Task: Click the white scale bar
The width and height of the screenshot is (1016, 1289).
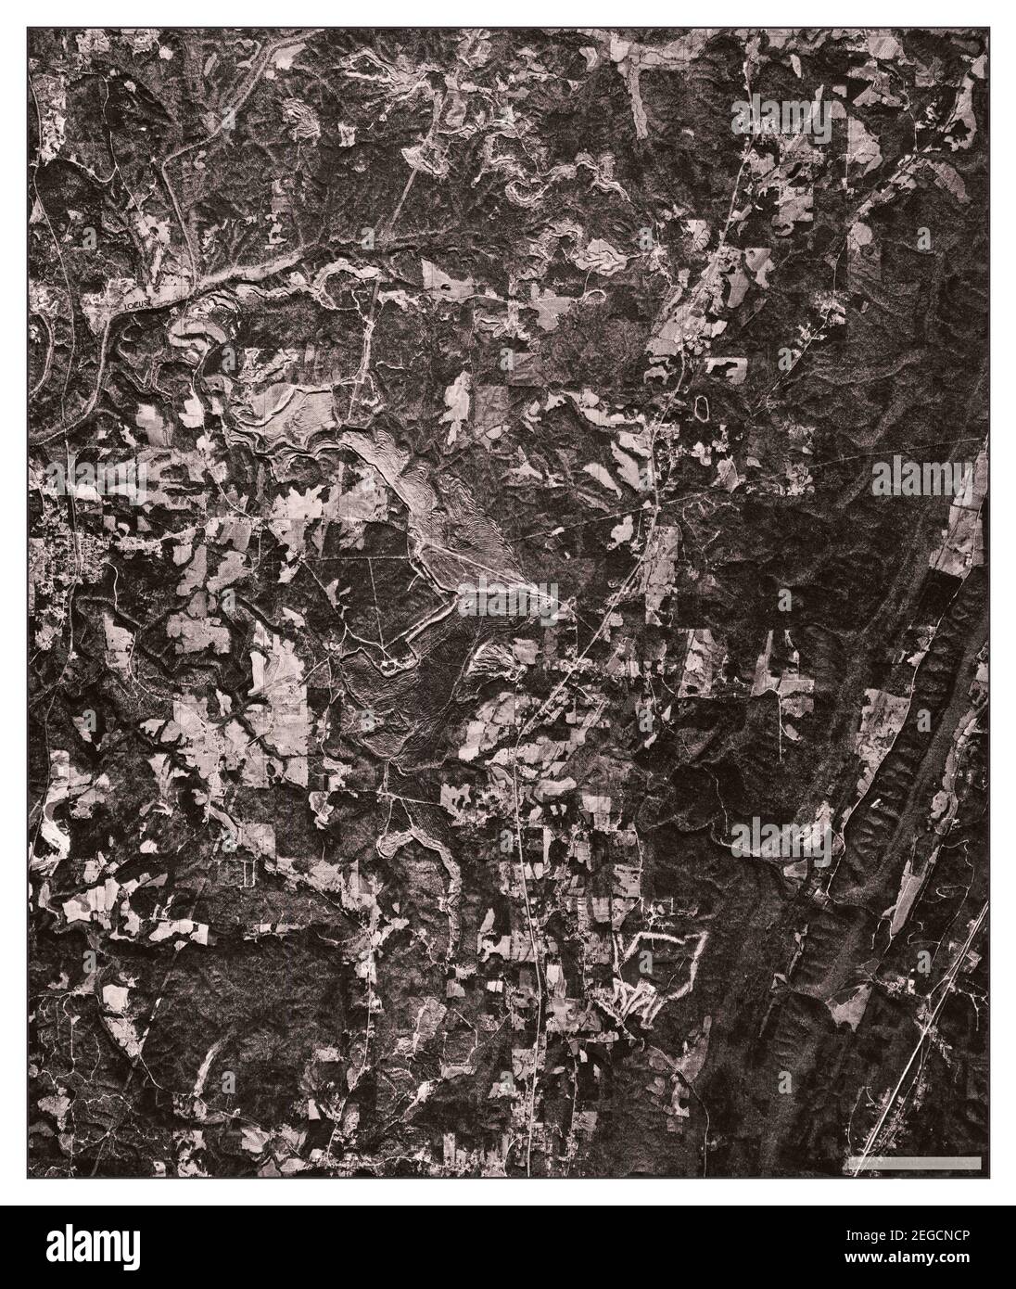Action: click(914, 1162)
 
